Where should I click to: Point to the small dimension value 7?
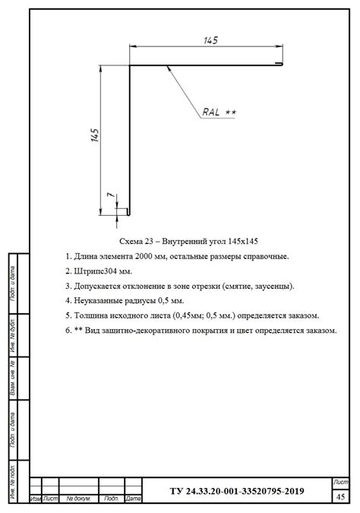pos(111,195)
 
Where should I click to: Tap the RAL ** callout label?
pos(219,112)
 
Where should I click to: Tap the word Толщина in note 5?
pos(90,315)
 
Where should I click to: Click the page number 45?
pos(339,496)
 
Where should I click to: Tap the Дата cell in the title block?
pos(134,499)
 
